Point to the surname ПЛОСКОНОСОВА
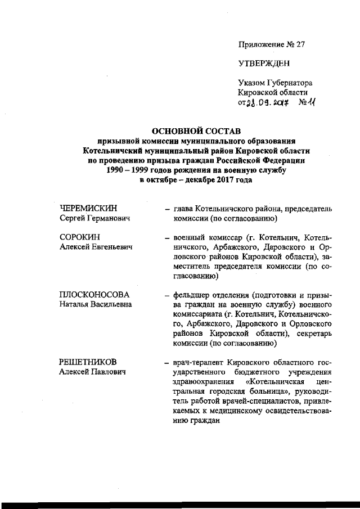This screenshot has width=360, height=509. point(94,295)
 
